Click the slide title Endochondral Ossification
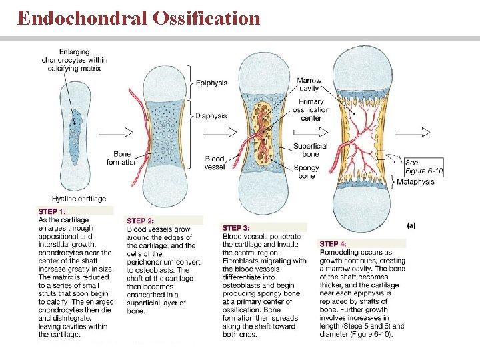pos(139,18)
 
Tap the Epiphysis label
pos(211,83)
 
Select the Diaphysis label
pos(211,115)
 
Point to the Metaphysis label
pos(420,182)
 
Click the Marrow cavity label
pos(308,85)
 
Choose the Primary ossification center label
pos(311,110)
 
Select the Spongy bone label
pos(307,171)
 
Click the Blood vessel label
pos(215,163)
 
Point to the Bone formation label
pos(122,158)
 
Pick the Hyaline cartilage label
pos(79,199)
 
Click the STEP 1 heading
pos(51,211)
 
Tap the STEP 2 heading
pos(141,221)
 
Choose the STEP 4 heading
pos(333,244)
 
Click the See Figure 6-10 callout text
pos(424,167)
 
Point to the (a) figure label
pos(411,225)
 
